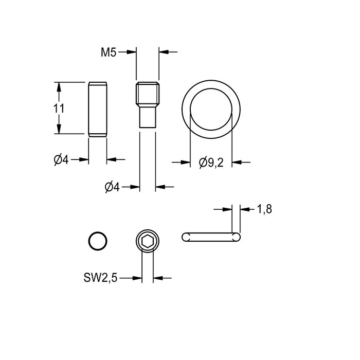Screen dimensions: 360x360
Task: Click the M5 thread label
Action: click(x=109, y=52)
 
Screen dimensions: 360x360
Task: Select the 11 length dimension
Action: click(x=59, y=109)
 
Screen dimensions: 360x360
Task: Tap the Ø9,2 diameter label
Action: click(x=211, y=163)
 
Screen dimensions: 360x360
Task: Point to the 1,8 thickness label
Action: click(x=264, y=209)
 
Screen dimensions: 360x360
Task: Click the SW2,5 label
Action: click(x=100, y=278)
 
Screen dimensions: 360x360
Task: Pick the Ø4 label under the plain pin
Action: click(x=61, y=160)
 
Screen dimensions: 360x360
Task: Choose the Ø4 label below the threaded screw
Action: click(x=112, y=187)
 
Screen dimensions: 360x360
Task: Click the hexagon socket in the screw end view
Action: click(x=148, y=241)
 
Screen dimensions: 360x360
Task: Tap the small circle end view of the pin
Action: click(x=98, y=241)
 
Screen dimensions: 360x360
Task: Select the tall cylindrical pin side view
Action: click(x=98, y=109)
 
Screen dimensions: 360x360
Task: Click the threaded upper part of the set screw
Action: click(x=148, y=94)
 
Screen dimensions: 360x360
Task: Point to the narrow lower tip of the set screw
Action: click(x=148, y=118)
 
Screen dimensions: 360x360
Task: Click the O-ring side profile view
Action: click(x=211, y=237)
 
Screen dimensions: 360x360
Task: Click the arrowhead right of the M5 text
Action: click(x=131, y=52)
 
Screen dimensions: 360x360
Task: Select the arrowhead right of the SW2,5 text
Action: click(x=137, y=278)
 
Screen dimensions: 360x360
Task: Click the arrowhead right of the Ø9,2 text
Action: click(x=237, y=163)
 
